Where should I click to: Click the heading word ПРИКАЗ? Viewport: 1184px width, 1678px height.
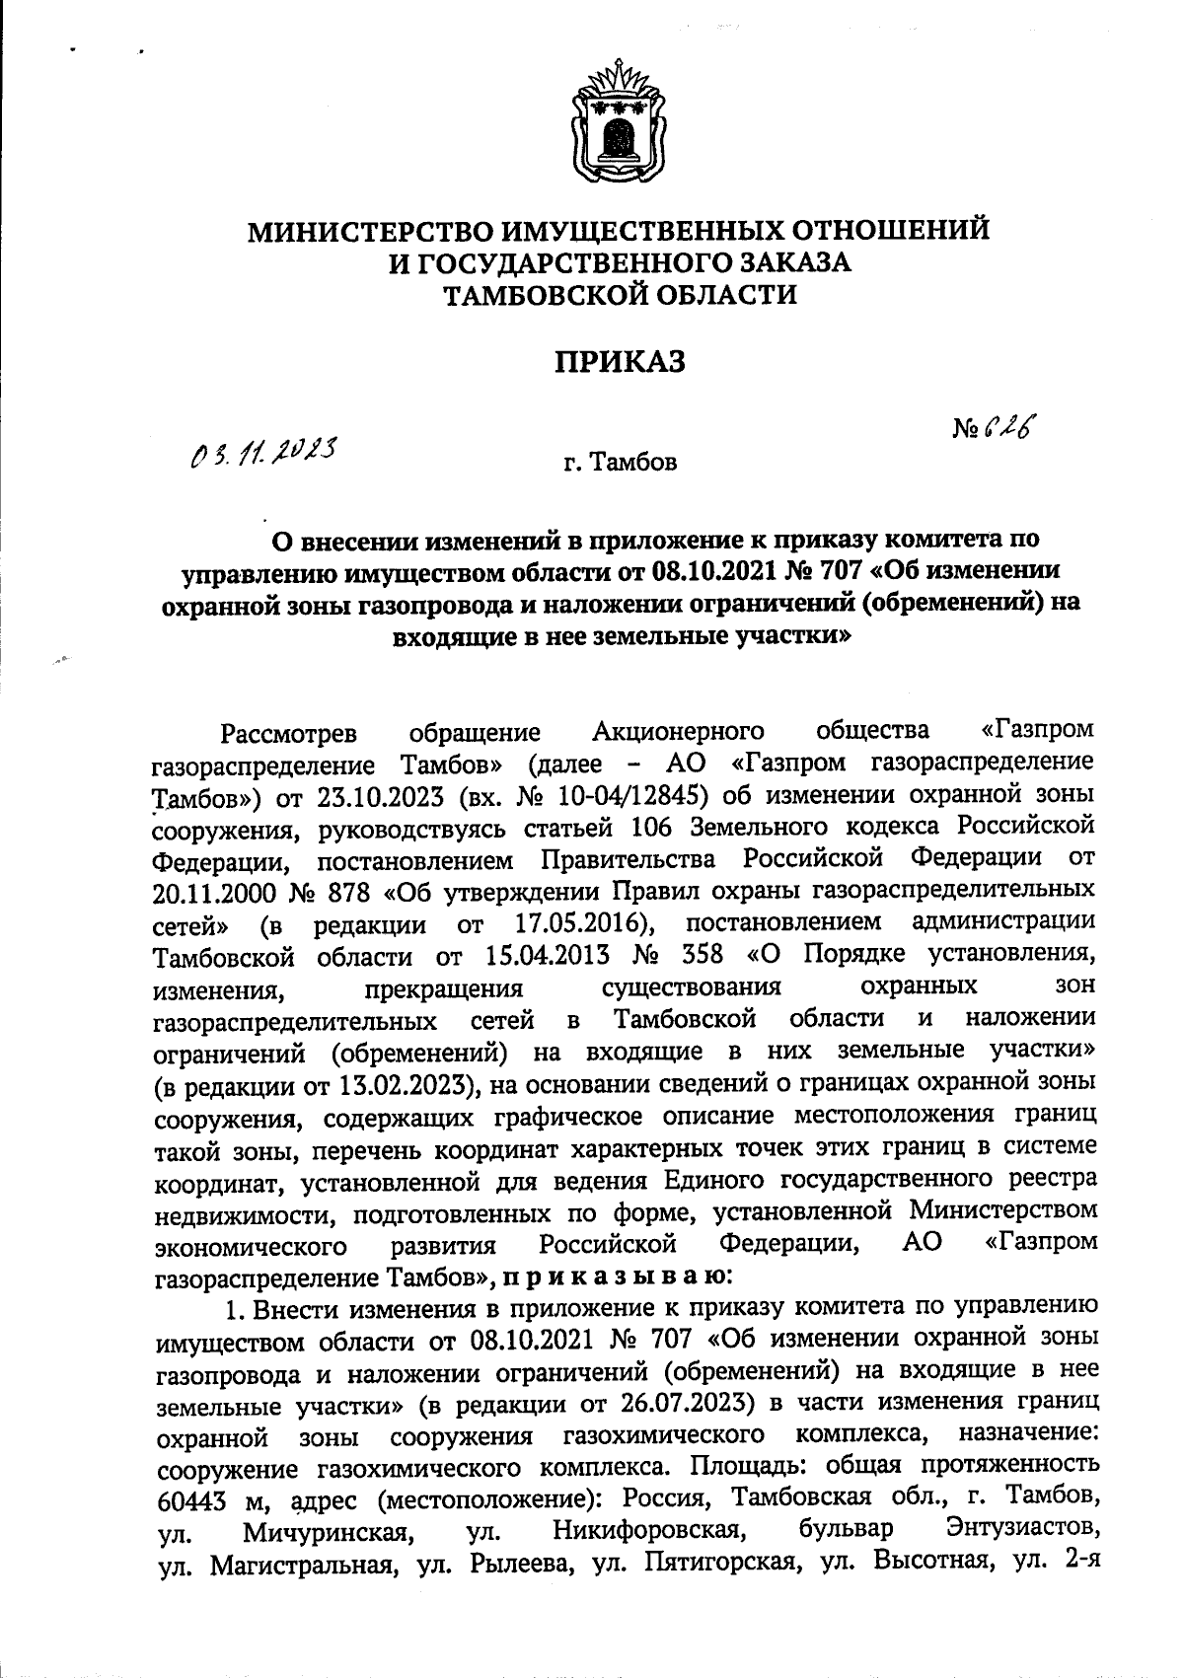click(618, 363)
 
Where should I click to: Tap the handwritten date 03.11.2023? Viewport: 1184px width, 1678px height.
click(263, 455)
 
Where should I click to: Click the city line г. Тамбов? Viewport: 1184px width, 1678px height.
click(620, 463)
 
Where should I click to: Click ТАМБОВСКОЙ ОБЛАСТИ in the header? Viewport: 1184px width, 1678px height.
click(619, 294)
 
